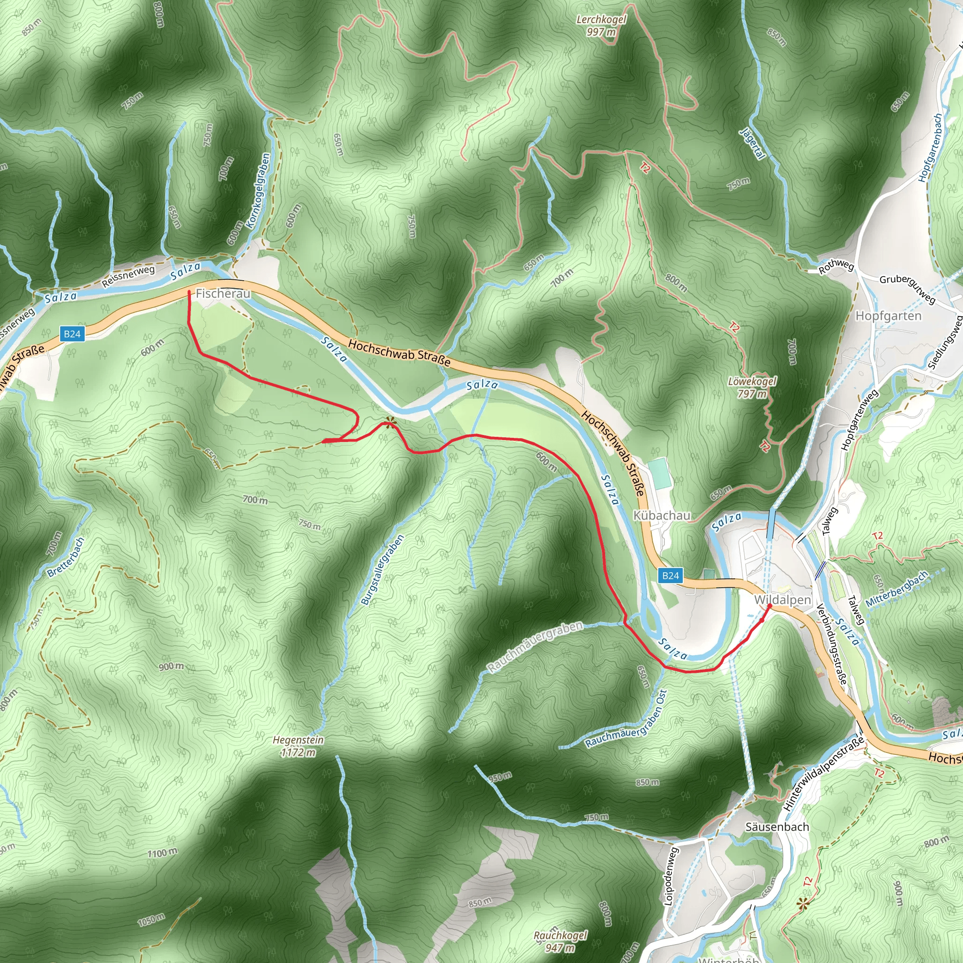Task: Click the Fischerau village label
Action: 223,293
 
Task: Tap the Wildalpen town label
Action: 782,600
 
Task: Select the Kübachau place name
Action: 662,515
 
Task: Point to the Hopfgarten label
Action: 888,316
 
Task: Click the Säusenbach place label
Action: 777,827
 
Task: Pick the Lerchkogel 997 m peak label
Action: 601,25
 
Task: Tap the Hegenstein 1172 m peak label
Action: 298,746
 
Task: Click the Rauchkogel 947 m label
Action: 560,941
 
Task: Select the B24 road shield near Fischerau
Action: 72,334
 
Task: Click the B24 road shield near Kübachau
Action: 671,576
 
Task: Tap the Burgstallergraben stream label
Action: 382,570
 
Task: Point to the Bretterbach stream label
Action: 66,557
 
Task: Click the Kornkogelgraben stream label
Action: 259,190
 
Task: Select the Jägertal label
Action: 752,143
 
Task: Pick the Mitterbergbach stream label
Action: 897,589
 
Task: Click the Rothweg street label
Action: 837,267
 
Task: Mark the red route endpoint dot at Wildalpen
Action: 769,606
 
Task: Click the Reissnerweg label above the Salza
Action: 128,276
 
